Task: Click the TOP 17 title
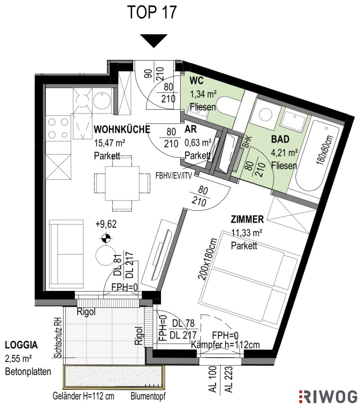[152, 12]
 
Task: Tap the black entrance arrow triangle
[154, 41]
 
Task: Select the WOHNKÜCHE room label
[122, 129]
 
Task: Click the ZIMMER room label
[247, 219]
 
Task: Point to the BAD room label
[280, 139]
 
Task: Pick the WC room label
[197, 81]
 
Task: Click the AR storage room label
[190, 129]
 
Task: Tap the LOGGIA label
[21, 345]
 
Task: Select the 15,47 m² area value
[109, 142]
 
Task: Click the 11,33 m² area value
[246, 233]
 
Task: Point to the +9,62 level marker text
[106, 224]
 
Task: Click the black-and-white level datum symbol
[106, 238]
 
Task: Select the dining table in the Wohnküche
[122, 183]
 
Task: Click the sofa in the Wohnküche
[66, 254]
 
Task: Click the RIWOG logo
[328, 397]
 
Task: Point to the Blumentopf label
[148, 396]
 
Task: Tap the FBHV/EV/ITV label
[174, 176]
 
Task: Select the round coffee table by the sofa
[105, 255]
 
